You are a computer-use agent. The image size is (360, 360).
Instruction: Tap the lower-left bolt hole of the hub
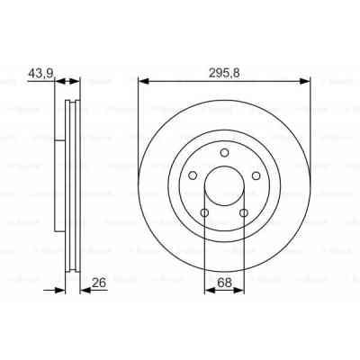coord(205,212)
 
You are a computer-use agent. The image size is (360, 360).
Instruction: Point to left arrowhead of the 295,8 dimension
coord(142,82)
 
